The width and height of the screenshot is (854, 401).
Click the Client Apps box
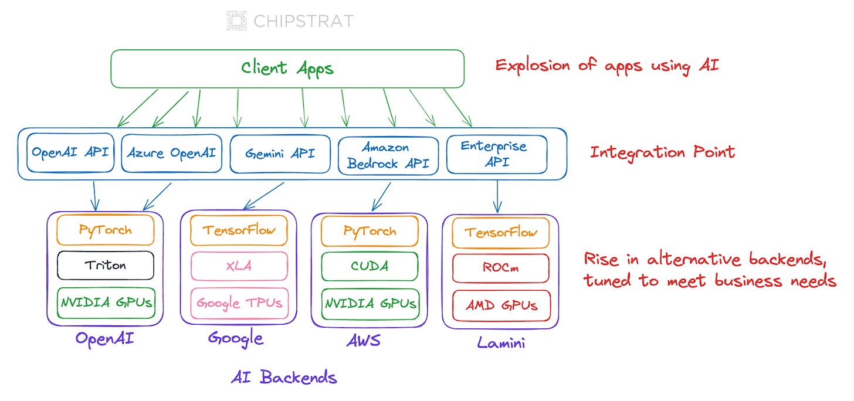pos(287,69)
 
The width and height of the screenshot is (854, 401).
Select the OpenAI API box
pos(70,152)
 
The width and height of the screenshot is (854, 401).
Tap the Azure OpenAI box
pos(171,153)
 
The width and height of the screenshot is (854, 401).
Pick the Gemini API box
pos(280,154)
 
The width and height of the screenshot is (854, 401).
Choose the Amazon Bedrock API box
pos(388,156)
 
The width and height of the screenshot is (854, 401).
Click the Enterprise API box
pos(497,154)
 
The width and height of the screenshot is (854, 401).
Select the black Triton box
pos(106,266)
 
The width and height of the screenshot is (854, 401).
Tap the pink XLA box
pos(239,266)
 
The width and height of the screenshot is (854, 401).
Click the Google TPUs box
pos(239,304)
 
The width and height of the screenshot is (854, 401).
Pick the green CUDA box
pos(370,266)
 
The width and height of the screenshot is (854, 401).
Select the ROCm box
pos(501,269)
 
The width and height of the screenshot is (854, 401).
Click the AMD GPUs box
pos(501,305)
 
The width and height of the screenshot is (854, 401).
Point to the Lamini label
pos(501,343)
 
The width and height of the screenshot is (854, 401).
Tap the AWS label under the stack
pos(363,341)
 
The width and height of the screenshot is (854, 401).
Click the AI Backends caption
pos(284,378)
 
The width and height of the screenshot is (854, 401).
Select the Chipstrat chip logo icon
pos(237,21)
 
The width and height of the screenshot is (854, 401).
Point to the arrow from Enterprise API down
pos(497,196)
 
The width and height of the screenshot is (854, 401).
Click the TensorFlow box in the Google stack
pos(239,230)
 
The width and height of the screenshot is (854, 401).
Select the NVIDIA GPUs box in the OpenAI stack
pos(106,303)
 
